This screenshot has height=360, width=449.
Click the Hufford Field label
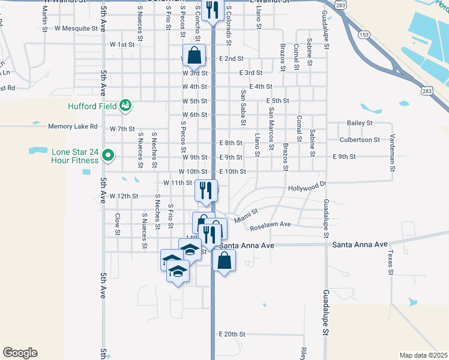click(91, 107)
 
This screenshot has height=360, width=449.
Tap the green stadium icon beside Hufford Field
click(125, 106)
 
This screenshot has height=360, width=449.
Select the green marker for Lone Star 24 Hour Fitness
click(108, 156)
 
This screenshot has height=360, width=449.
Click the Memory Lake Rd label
click(73, 127)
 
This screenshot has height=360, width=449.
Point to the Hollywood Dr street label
click(307, 187)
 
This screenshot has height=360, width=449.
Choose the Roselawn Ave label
click(270, 225)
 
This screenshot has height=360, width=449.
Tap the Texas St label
click(390, 263)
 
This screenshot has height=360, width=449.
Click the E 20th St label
click(232, 334)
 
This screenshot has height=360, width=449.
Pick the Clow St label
click(118, 223)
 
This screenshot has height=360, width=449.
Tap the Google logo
click(20, 353)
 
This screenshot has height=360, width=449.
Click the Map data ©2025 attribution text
click(423, 355)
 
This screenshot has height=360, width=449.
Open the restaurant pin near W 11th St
click(206, 191)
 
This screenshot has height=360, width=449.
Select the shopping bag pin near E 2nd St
click(194, 56)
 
